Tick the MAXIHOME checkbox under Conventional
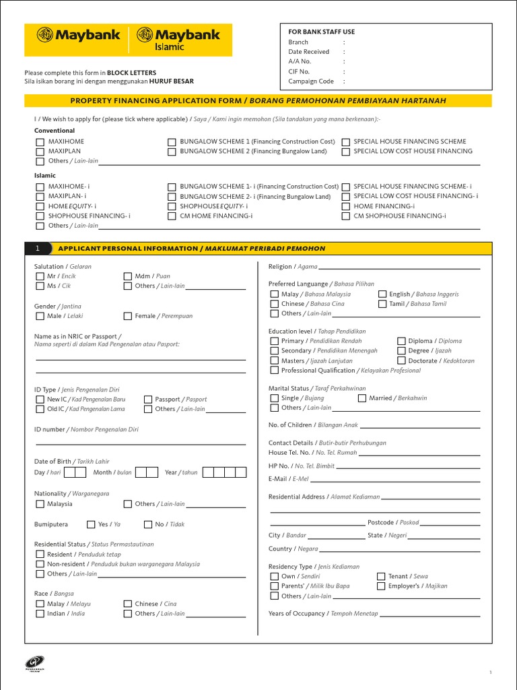pyautogui.click(x=39, y=142)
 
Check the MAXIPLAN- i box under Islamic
pyautogui.click(x=39, y=196)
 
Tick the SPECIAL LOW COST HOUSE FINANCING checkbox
pyautogui.click(x=346, y=152)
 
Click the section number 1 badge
pyautogui.click(x=38, y=249)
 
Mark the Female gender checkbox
pyautogui.click(x=128, y=316)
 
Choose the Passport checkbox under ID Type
pyautogui.click(x=148, y=400)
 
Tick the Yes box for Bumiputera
pyautogui.click(x=91, y=524)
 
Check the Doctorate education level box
pyautogui.click(x=401, y=360)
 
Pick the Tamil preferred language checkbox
pyautogui.click(x=382, y=304)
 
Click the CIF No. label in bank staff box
pyautogui.click(x=299, y=71)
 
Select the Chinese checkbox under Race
pyautogui.click(x=128, y=604)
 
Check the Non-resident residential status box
pyautogui.click(x=39, y=564)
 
